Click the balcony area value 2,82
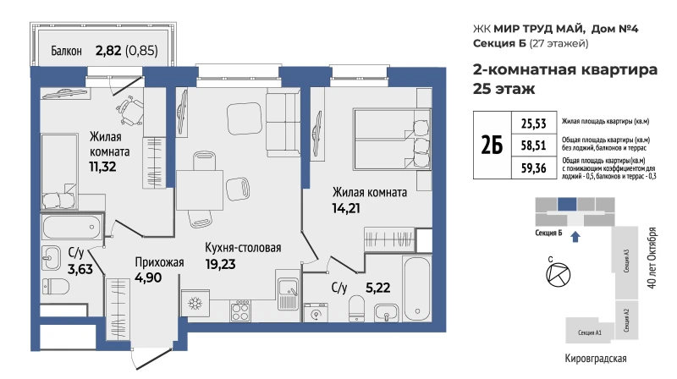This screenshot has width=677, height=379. click(108, 51)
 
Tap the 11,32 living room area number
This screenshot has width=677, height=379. click(102, 167)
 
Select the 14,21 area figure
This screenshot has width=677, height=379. click(346, 208)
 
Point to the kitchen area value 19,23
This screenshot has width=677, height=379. click(220, 264)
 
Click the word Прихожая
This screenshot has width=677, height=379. click(159, 262)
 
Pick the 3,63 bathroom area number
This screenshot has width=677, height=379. click(80, 269)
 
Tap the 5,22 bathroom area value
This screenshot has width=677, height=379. click(377, 288)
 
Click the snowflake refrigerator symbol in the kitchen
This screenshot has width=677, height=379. click(195, 304)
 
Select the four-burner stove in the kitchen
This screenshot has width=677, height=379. click(240, 310)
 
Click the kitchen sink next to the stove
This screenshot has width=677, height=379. click(288, 290)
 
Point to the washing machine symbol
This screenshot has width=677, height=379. click(316, 312)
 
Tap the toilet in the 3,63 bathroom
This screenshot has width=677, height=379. click(56, 286)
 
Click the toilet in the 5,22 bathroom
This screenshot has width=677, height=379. click(356, 308)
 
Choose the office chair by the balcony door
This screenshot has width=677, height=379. click(131, 110)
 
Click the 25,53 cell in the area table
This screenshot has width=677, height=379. click(533, 124)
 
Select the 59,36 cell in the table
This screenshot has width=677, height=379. click(533, 168)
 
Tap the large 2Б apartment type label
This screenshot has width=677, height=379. click(492, 145)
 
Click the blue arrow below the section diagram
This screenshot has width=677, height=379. click(575, 237)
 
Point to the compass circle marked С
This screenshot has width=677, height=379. click(559, 275)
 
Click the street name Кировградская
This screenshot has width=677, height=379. click(596, 359)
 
